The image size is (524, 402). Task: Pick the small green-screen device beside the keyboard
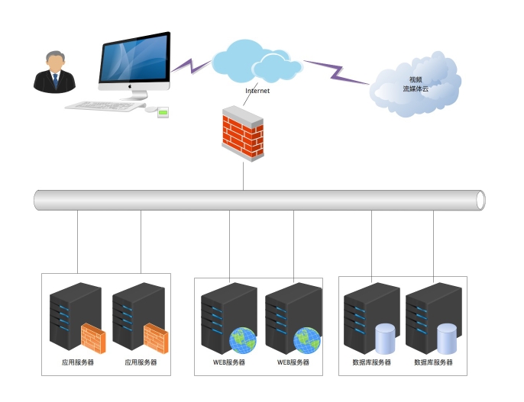[x=163, y=112]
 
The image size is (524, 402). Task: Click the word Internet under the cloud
[x=257, y=91]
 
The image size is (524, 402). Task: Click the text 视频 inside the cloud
[x=416, y=79]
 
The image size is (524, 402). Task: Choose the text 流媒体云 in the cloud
[x=416, y=89]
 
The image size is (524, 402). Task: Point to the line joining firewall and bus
[x=243, y=175]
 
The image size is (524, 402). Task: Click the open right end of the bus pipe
[x=480, y=200]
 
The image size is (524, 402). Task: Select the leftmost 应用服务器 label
[x=78, y=363]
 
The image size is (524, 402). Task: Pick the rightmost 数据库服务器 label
[x=433, y=363]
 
